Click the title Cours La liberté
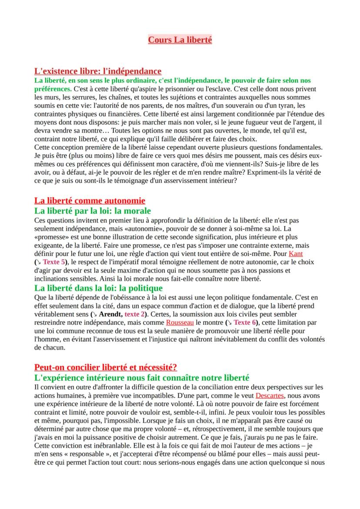coord(180,40)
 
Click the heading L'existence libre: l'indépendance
coord(98,71)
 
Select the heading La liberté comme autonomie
coord(90,200)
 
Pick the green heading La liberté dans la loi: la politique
coord(98,288)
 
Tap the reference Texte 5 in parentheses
coord(55,262)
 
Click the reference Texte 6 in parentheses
coord(248,323)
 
